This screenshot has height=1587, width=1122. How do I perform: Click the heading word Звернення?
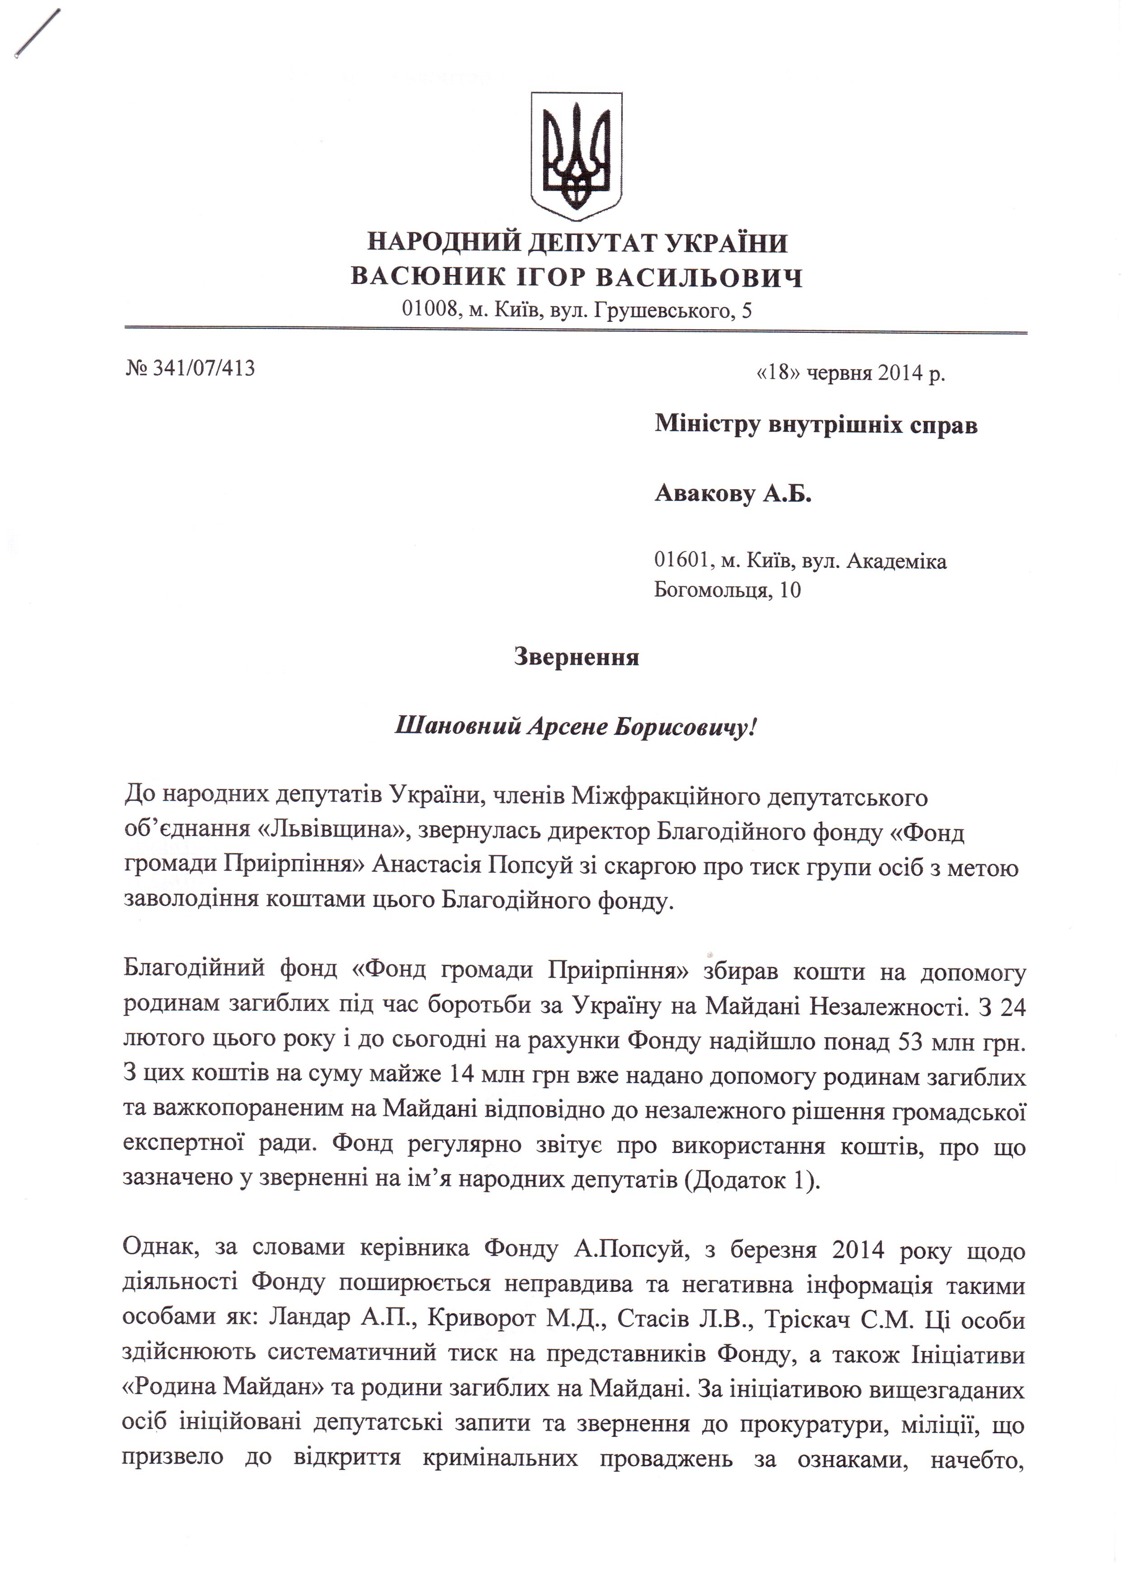pyautogui.click(x=576, y=656)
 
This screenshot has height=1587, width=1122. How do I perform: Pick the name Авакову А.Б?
pyautogui.click(x=733, y=494)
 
